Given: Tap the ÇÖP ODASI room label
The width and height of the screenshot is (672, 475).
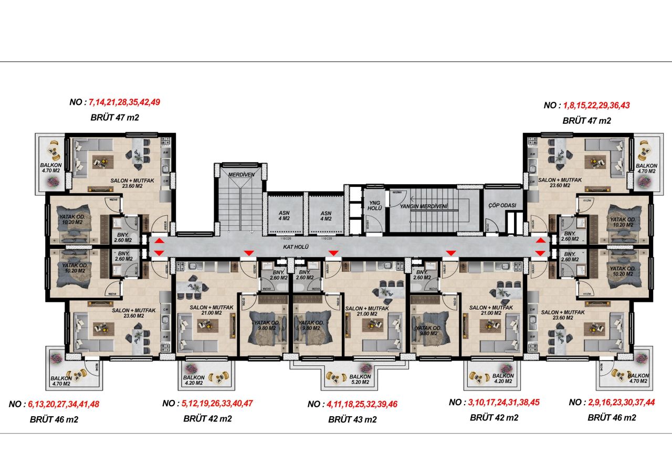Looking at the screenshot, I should tap(502, 205).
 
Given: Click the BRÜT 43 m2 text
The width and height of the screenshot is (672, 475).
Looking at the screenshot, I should tap(352, 419).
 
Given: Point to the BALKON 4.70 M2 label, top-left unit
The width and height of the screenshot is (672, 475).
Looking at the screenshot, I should tap(51, 167).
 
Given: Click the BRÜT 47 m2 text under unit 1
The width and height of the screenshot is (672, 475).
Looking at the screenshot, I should tap(586, 121).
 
